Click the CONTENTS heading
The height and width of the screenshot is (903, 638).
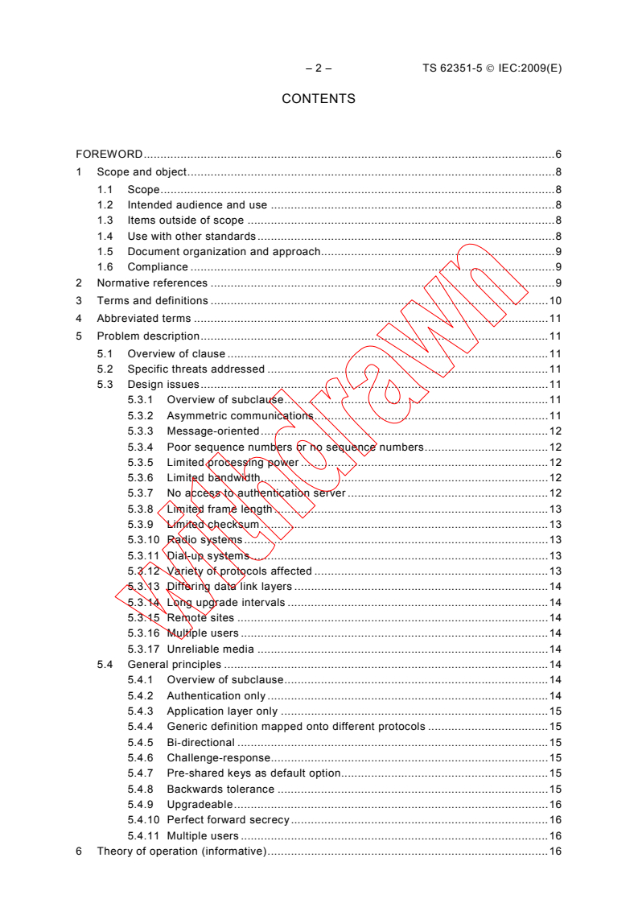318,99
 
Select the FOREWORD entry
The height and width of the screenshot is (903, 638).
109,154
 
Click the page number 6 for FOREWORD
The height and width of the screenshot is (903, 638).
558,154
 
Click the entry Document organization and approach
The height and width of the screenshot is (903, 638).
224,252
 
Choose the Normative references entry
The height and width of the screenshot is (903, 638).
152,283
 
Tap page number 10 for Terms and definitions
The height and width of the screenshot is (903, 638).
555,301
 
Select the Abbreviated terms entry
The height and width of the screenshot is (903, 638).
144,319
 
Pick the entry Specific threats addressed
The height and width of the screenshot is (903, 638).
196,369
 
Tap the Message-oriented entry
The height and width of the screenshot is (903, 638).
212,431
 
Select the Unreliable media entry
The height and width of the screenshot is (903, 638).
210,649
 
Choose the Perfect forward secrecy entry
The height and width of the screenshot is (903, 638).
228,820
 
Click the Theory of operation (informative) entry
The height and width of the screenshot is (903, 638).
181,851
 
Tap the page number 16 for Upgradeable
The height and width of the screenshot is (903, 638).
555,805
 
